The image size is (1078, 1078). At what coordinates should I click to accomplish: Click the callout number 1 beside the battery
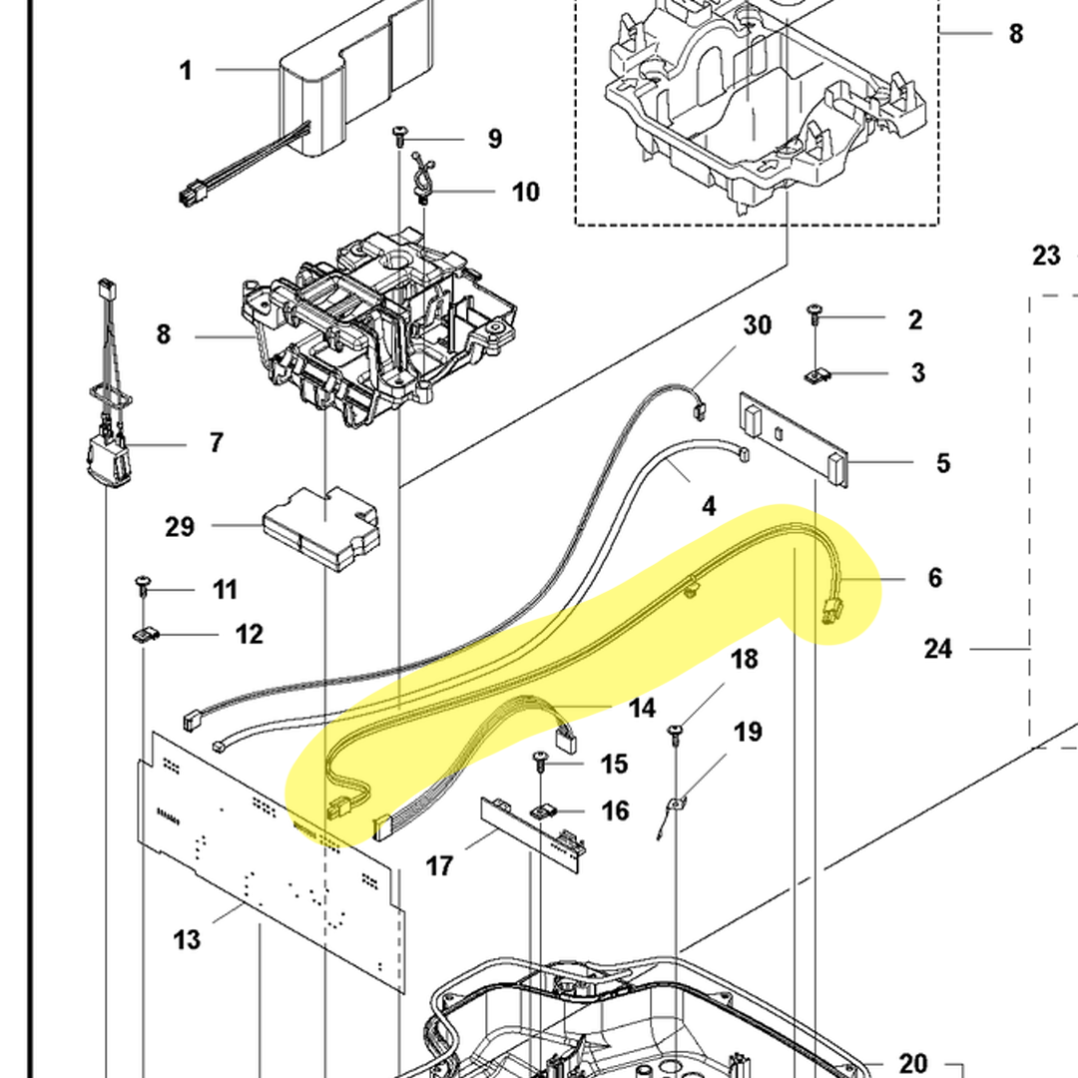(186, 71)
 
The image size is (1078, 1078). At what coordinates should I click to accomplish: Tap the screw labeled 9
(400, 133)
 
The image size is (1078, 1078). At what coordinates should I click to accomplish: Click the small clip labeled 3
(817, 376)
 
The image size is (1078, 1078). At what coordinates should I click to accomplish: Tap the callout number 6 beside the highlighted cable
(934, 578)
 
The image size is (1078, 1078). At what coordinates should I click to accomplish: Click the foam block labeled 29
(321, 527)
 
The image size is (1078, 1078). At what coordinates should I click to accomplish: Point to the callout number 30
(758, 325)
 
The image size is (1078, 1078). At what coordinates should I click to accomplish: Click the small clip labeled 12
(147, 635)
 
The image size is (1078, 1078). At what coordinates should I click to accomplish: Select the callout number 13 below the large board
(187, 939)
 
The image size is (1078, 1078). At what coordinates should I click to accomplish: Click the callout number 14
(642, 708)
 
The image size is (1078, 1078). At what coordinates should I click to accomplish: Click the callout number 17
(439, 865)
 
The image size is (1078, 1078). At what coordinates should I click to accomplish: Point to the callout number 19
(748, 733)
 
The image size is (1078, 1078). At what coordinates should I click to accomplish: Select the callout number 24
(938, 649)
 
